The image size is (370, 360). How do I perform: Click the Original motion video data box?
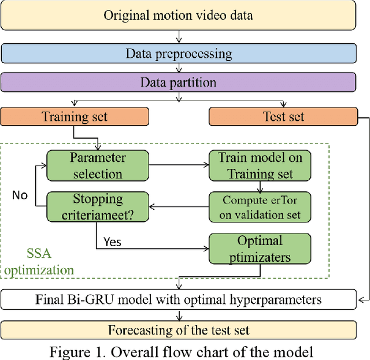178,15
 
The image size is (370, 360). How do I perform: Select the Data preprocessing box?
178,54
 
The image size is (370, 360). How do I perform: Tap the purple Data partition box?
178,82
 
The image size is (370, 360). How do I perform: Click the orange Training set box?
75,117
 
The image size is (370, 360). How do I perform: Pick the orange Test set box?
283,117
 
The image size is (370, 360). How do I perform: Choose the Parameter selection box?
98,165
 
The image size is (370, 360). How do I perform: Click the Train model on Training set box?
260,165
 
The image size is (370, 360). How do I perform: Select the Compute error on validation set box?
260,207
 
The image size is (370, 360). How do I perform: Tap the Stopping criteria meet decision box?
98,207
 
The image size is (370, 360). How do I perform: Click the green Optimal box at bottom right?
260,248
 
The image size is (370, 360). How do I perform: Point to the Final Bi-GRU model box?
178,299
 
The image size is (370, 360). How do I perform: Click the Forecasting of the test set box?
178,330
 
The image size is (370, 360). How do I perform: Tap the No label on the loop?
20,195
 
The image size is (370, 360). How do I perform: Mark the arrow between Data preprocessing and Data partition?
178,68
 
